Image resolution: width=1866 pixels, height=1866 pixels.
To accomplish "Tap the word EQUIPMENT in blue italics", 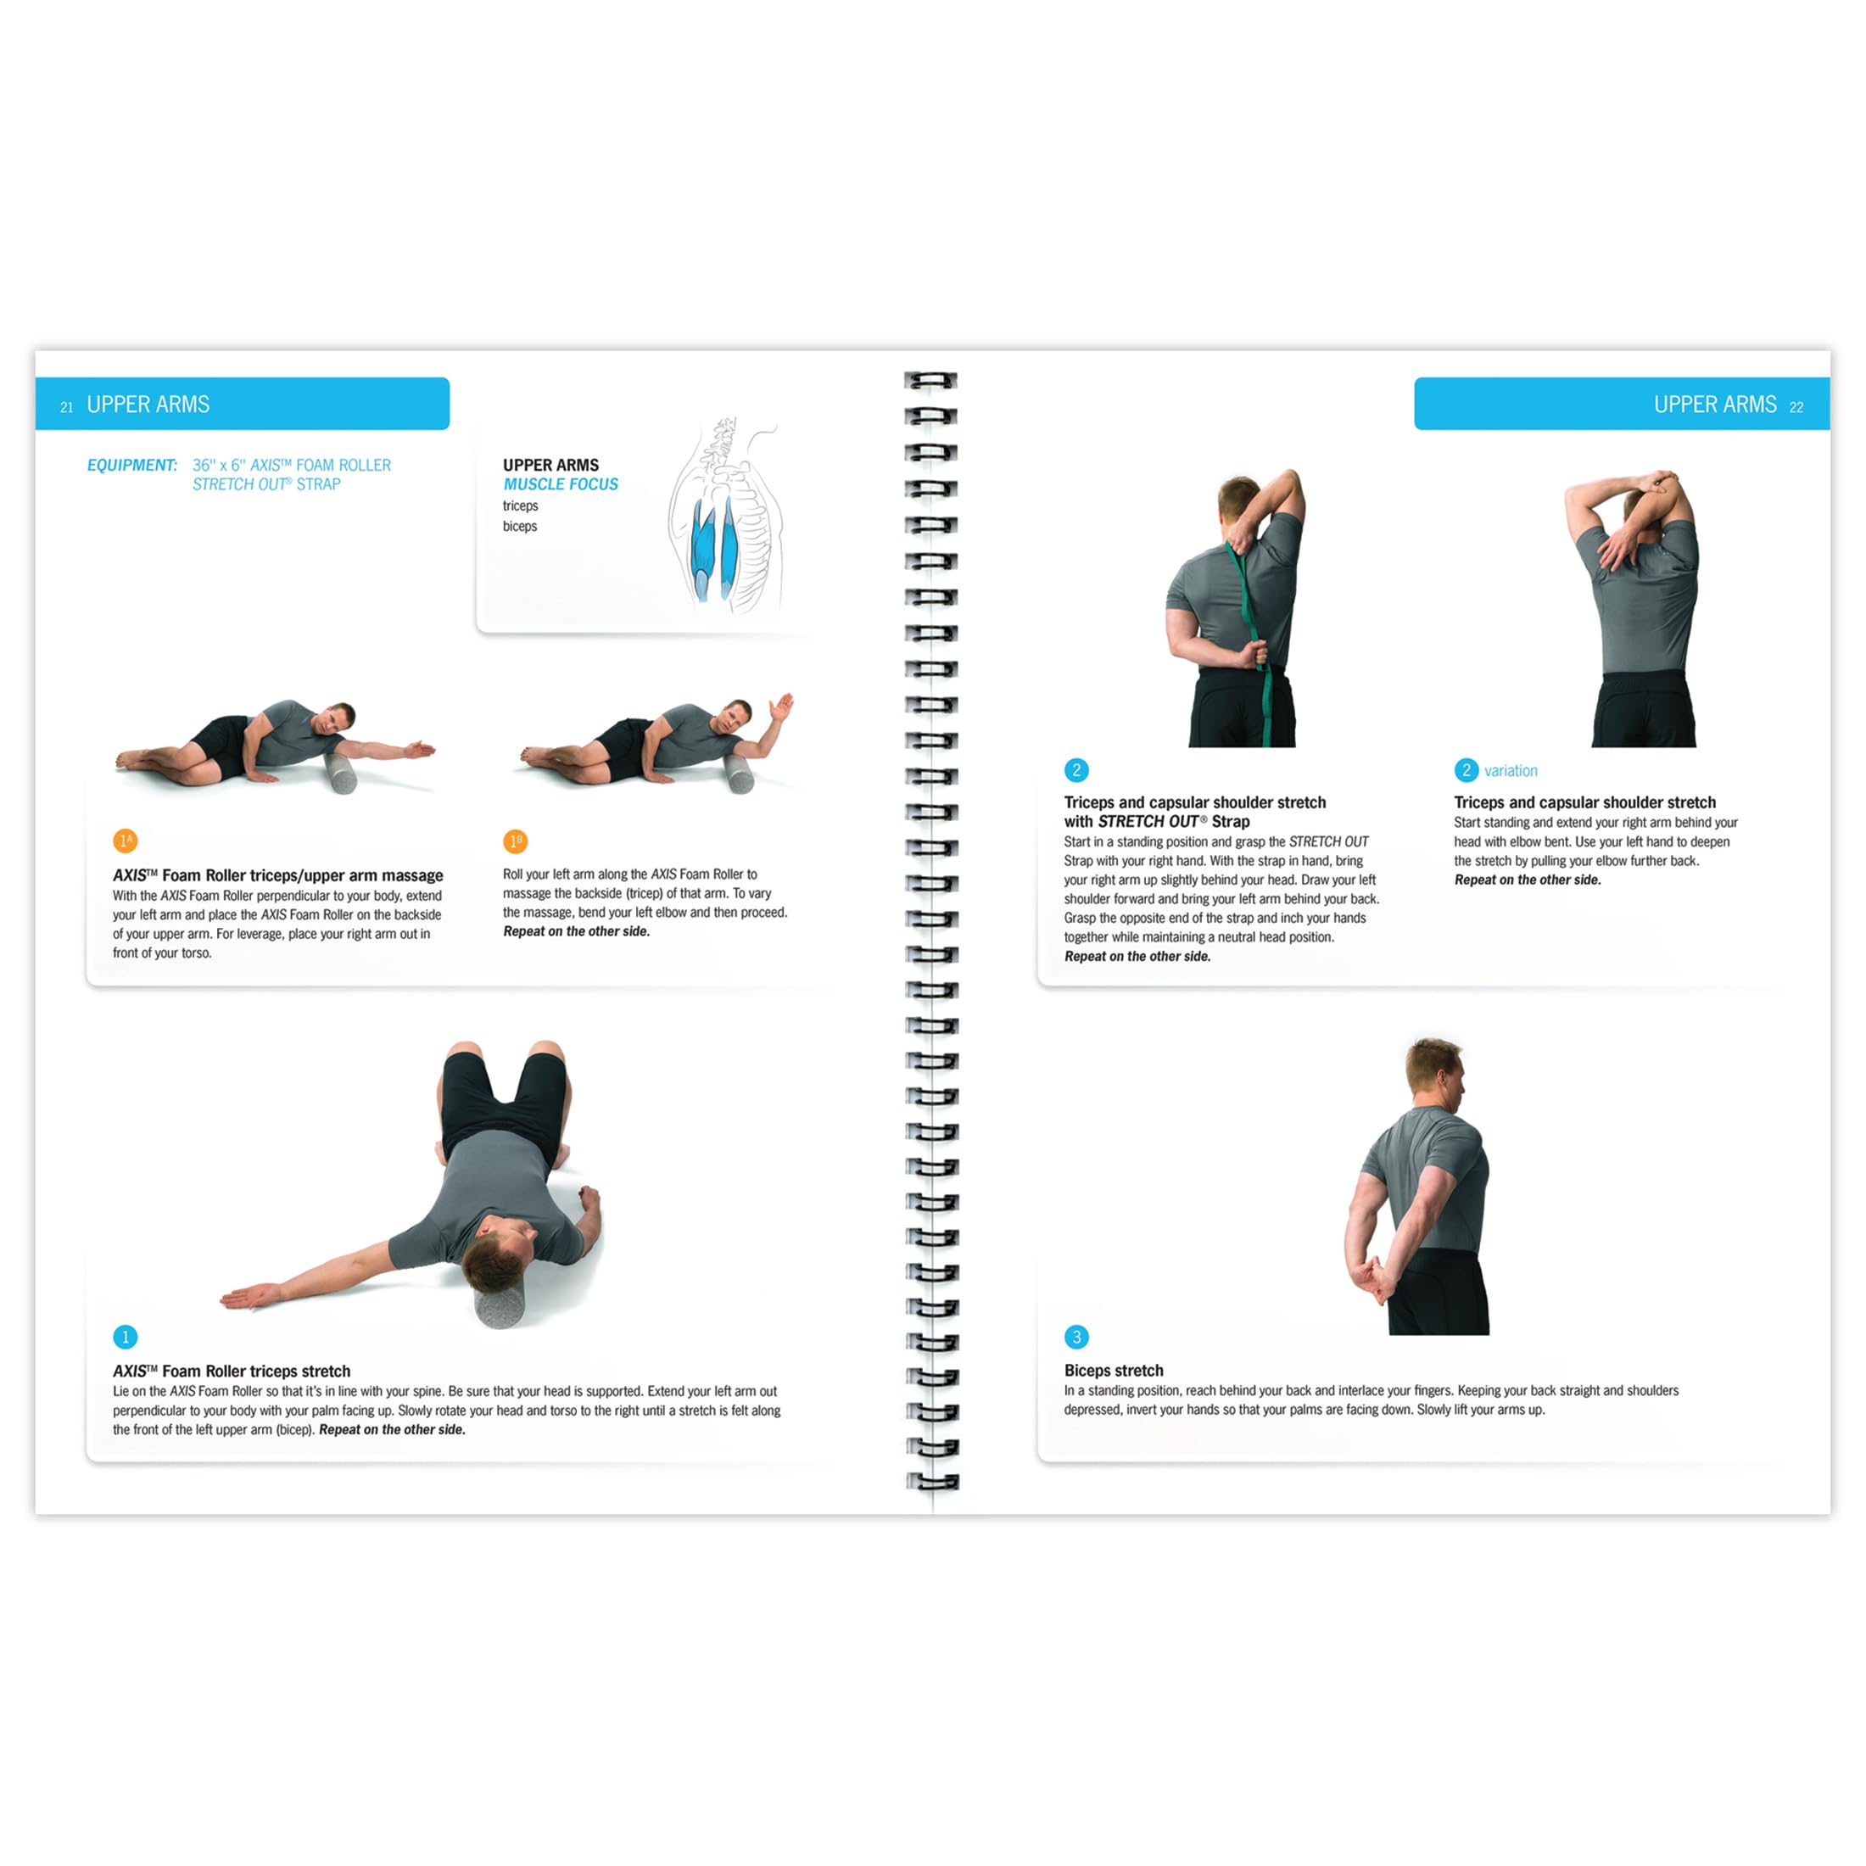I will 132,466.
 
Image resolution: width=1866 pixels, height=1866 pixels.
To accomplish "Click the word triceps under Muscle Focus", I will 520,506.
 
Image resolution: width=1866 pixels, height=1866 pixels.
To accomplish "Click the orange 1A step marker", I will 125,841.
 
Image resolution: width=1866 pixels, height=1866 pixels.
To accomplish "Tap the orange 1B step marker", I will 515,841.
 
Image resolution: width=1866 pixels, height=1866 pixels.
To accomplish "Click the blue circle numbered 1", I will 125,1337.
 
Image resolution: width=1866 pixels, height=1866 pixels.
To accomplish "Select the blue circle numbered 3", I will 1076,1337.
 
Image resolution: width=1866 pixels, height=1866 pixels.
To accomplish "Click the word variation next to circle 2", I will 1511,771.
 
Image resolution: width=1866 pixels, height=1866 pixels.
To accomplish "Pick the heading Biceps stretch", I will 1114,1371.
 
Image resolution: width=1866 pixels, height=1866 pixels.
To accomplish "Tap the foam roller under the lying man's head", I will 500,1306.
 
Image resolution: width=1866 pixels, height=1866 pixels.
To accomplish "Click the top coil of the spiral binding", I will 930,381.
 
